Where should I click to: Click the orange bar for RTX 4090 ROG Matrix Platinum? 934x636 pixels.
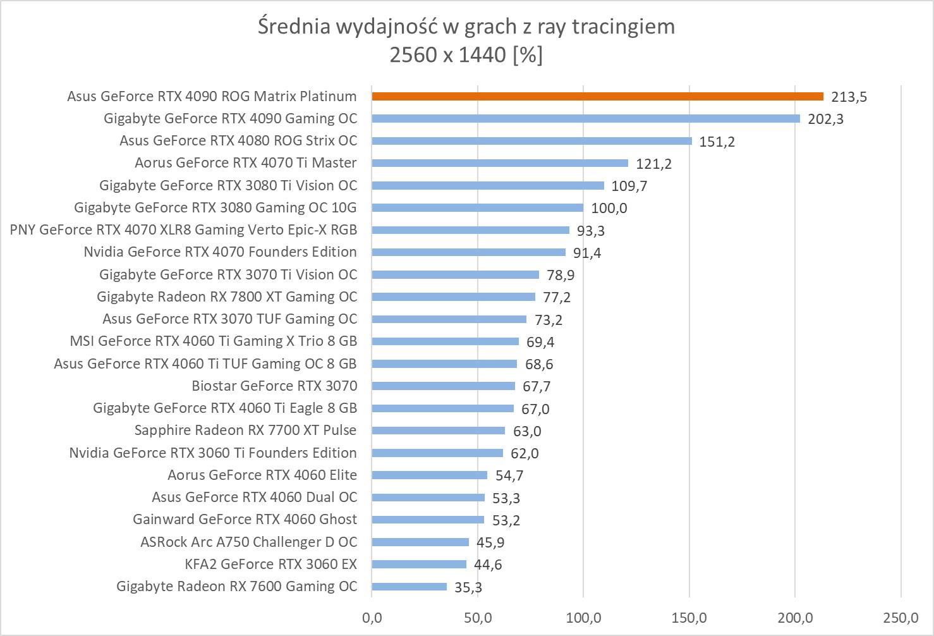[x=597, y=97]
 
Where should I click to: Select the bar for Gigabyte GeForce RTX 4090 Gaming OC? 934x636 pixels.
[x=586, y=119]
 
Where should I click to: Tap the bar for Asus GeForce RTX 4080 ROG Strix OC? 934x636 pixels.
[x=531, y=141]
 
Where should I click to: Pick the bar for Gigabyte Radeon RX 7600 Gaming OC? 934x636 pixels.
[x=409, y=587]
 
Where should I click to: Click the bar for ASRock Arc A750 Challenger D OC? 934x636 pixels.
[x=420, y=542]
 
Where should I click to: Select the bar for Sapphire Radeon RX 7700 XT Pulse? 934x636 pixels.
[x=438, y=431]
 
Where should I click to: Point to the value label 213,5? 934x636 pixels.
[x=849, y=97]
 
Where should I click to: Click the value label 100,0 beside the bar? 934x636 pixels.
[x=609, y=209]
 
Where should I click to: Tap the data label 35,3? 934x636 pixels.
[x=468, y=588]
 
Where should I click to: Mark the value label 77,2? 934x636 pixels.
[x=557, y=298]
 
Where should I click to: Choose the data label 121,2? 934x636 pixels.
[x=653, y=164]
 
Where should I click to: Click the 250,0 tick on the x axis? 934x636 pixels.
[x=901, y=617]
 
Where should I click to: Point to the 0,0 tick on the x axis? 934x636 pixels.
[x=372, y=617]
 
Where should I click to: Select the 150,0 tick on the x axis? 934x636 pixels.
[x=689, y=617]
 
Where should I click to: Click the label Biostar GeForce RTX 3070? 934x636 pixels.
[x=274, y=386]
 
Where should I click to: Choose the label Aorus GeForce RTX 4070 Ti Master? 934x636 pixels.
[x=245, y=163]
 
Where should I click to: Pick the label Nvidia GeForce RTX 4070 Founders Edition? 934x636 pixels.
[x=220, y=252]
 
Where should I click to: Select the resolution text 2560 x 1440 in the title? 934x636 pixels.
[x=448, y=56]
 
